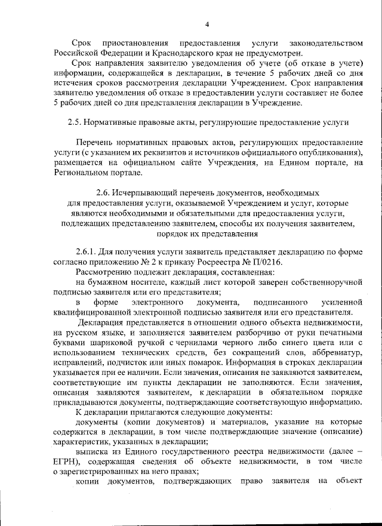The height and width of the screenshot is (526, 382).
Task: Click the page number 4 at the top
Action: (x=207, y=24)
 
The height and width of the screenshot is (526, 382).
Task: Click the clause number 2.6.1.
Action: (x=86, y=252)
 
